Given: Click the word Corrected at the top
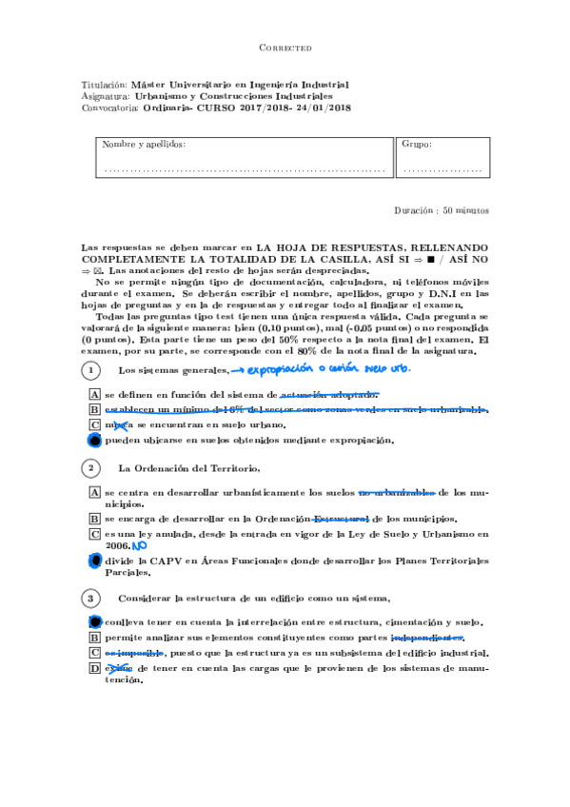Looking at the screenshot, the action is coord(285,48).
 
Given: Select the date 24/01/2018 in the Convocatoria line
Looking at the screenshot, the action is coord(321,108).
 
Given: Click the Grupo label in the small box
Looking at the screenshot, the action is coord(417,145).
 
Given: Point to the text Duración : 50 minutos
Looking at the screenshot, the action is coord(442,209).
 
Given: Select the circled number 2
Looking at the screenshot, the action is coord(90,468).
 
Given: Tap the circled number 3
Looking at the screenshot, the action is coord(90,598).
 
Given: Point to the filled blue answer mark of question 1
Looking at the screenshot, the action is coord(94,441).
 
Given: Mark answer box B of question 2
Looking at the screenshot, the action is coord(94,519).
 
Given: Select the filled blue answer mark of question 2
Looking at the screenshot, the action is coord(94,561).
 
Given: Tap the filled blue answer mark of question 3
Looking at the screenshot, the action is coord(94,620).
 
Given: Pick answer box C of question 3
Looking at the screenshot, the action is coord(94,653).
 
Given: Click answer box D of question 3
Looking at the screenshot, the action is coord(94,668).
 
